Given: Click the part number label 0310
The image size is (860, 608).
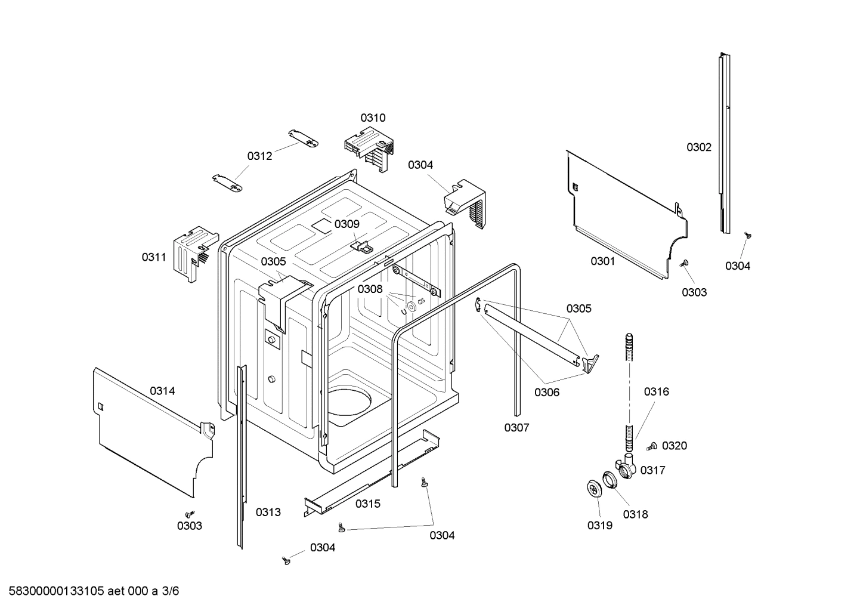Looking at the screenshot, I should [373, 118].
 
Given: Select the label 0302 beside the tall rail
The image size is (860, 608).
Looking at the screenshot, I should [698, 147].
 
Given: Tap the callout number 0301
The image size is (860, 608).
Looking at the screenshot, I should [602, 261].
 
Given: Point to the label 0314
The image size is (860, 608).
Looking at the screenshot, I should [162, 391].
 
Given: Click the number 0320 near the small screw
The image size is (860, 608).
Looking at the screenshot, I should [674, 446].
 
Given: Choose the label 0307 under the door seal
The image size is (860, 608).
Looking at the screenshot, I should [516, 427].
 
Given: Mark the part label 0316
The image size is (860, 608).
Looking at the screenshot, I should [656, 391].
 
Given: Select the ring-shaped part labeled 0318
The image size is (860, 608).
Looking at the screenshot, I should [610, 480].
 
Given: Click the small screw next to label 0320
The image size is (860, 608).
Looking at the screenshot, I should [651, 446].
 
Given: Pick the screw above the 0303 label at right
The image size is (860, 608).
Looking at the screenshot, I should [684, 263].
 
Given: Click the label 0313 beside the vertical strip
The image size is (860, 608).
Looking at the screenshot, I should [268, 512].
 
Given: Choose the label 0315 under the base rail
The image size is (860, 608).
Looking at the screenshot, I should [367, 504].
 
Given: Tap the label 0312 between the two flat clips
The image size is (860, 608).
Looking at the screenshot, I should [259, 156].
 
